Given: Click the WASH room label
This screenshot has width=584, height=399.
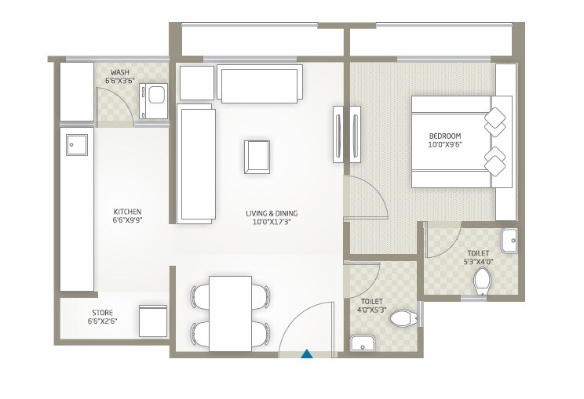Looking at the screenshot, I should (x=120, y=72).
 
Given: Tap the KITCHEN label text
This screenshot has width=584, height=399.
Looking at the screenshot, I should (x=127, y=212).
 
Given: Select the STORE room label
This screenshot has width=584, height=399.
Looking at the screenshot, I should (x=103, y=312).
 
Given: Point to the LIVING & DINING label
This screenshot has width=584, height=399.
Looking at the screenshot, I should (x=271, y=213).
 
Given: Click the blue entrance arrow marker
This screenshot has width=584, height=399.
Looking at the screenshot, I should (x=308, y=354).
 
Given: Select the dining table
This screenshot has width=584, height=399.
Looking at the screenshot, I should (x=231, y=313).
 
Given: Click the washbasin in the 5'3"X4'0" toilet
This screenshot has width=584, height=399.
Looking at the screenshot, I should (x=508, y=238).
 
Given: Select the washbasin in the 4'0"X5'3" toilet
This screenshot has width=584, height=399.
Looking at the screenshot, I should (x=361, y=343).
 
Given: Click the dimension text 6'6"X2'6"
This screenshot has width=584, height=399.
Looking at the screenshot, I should (x=103, y=321).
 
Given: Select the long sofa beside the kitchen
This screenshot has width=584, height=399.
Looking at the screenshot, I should (x=196, y=163).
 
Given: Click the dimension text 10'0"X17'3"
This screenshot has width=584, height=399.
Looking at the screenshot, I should (x=271, y=223).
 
